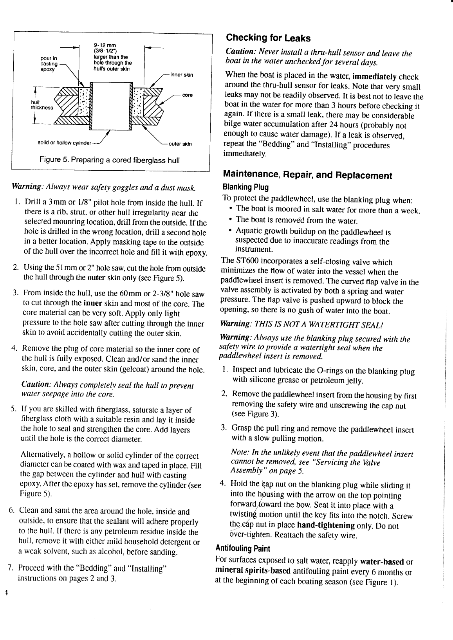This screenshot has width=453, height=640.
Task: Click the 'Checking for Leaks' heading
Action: click(268, 38)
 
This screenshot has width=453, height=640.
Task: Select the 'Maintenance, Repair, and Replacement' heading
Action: click(307, 175)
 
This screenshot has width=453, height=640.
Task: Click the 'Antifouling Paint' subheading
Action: click(243, 548)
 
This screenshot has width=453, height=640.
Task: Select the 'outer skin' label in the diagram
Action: click(180, 144)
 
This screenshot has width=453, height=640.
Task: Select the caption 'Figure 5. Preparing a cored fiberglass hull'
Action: click(109, 160)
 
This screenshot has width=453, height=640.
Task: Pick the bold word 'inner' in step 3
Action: click(93, 304)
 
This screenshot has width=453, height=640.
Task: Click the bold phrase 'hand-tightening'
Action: click(326, 525)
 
